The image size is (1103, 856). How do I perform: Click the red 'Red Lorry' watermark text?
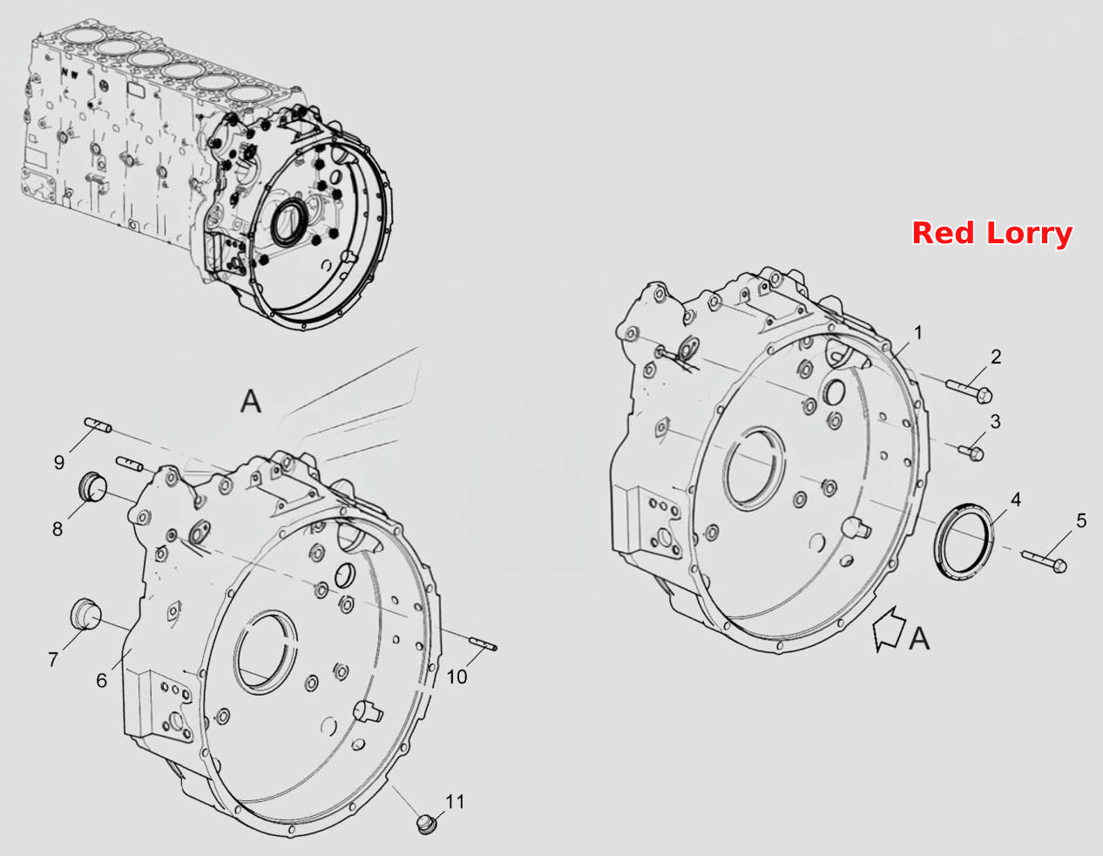coord(991,234)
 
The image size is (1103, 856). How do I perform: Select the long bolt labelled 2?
coord(969,391)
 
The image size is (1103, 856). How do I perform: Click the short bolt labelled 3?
coord(971,452)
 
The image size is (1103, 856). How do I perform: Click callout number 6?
coord(102,681)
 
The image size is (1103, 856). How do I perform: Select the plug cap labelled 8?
coord(93,486)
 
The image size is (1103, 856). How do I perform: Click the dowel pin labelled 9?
coord(98,425)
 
